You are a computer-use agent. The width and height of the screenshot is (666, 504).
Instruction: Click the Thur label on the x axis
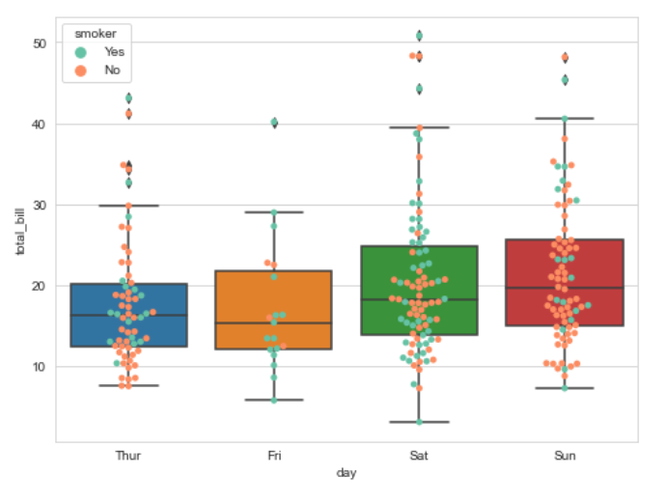coord(128,455)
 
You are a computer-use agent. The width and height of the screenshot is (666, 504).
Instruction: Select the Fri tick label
coord(274,455)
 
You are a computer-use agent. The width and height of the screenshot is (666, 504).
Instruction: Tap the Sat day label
coord(419,455)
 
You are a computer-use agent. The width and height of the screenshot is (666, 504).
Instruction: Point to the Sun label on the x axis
coord(565,455)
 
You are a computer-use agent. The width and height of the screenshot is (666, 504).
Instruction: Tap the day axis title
coord(347,473)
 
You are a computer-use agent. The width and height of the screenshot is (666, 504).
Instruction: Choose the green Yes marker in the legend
coord(82,52)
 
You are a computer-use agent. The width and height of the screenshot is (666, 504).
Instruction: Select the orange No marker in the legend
coord(82,70)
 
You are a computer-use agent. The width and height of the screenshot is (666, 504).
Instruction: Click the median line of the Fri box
coord(274,322)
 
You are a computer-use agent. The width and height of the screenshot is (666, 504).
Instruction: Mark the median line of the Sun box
coord(565,288)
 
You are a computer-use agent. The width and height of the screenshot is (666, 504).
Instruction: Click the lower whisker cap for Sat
coord(419,422)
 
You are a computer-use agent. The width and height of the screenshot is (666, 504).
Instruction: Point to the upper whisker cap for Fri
coord(274,212)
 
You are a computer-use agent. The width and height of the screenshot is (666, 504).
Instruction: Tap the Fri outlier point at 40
coord(274,123)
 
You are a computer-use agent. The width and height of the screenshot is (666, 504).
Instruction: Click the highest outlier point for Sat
coord(419,36)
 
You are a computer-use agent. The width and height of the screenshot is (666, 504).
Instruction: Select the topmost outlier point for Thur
coord(128,98)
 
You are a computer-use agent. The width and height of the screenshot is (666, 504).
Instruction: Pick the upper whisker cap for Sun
coord(565,119)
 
